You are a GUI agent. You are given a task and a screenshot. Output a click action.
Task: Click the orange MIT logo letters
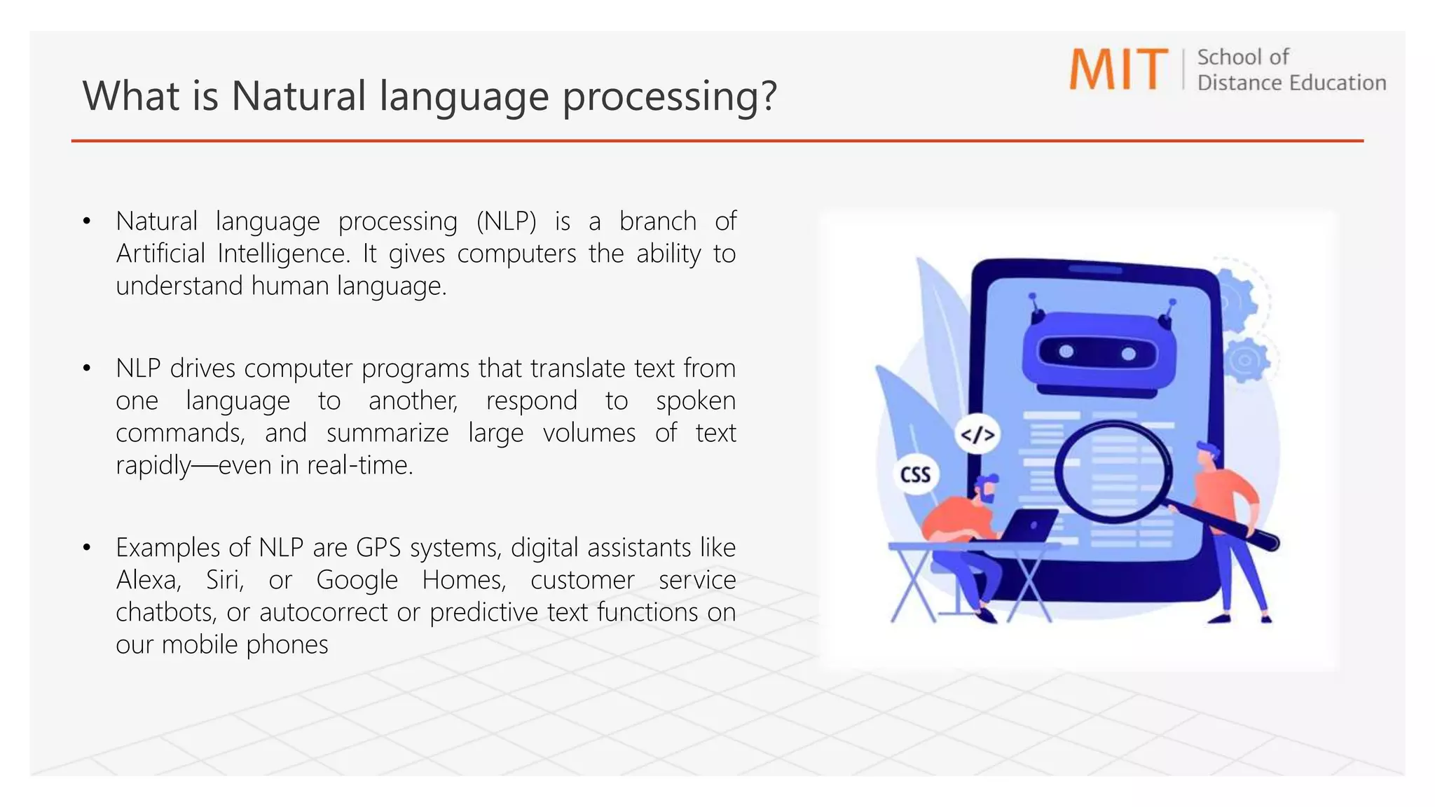coord(1118,69)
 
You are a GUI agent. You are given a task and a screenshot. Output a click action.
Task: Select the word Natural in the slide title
coord(298,96)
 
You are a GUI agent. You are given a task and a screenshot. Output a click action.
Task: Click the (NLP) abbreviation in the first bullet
coord(506,221)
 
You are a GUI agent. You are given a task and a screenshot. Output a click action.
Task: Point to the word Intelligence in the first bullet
coord(283,254)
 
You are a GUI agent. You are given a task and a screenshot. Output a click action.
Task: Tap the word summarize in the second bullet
coord(387,433)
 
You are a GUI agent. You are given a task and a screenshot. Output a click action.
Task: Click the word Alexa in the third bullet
coord(147,580)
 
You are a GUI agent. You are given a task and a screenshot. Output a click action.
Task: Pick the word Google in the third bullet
coord(357,580)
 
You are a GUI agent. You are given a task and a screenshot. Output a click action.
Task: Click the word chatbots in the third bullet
coord(165,612)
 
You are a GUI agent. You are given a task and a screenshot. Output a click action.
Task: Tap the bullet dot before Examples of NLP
coord(86,548)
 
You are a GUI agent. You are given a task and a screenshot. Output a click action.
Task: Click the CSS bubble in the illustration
coord(915,475)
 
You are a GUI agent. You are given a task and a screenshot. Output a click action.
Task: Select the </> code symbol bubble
coord(977,435)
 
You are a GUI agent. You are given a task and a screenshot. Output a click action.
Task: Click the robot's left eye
coord(1066,352)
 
